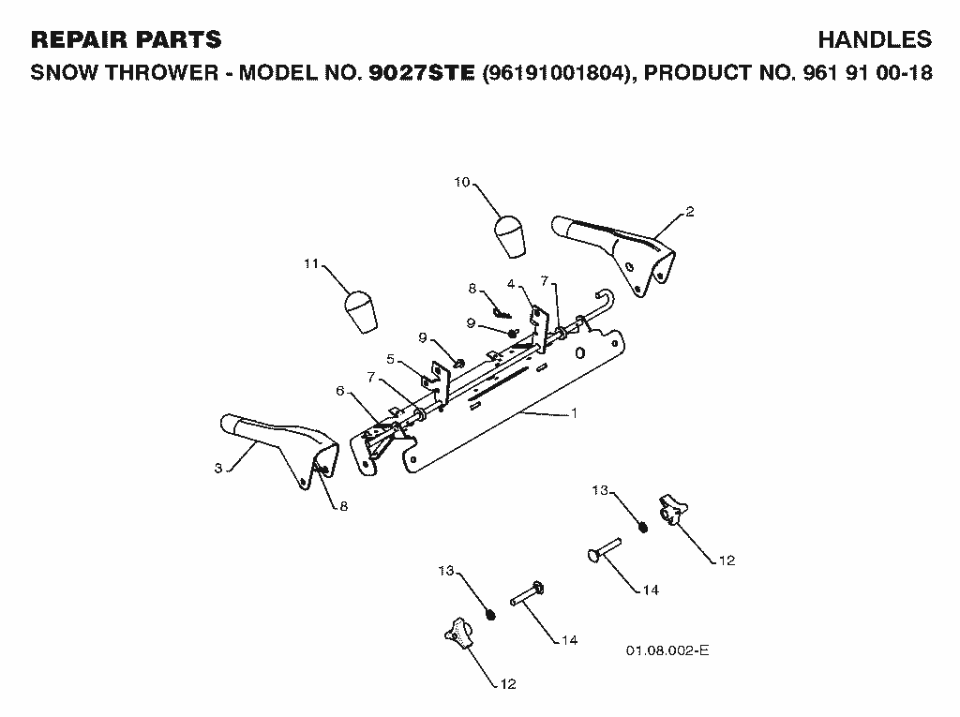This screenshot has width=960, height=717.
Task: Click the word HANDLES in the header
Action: tap(875, 39)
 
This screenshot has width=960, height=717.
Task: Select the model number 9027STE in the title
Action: tap(422, 73)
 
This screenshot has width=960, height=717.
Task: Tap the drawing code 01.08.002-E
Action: tap(667, 650)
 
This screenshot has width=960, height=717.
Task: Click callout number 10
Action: tap(461, 182)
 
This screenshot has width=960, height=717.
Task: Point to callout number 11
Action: tap(311, 263)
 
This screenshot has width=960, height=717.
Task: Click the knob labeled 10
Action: tap(510, 236)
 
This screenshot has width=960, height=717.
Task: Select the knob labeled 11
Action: tap(361, 312)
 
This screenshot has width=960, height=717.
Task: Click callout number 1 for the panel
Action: tap(575, 413)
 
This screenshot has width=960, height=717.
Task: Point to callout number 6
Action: tap(340, 391)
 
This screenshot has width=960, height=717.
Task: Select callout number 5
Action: tap(391, 359)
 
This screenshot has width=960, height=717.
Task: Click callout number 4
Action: tap(511, 284)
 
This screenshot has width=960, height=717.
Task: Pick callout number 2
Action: tap(690, 212)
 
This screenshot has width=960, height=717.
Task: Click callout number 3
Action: tap(217, 469)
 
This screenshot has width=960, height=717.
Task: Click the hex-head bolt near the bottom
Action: tap(528, 593)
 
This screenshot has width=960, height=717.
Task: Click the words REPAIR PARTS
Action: tap(127, 39)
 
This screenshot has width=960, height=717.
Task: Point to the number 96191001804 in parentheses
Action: tap(557, 73)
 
